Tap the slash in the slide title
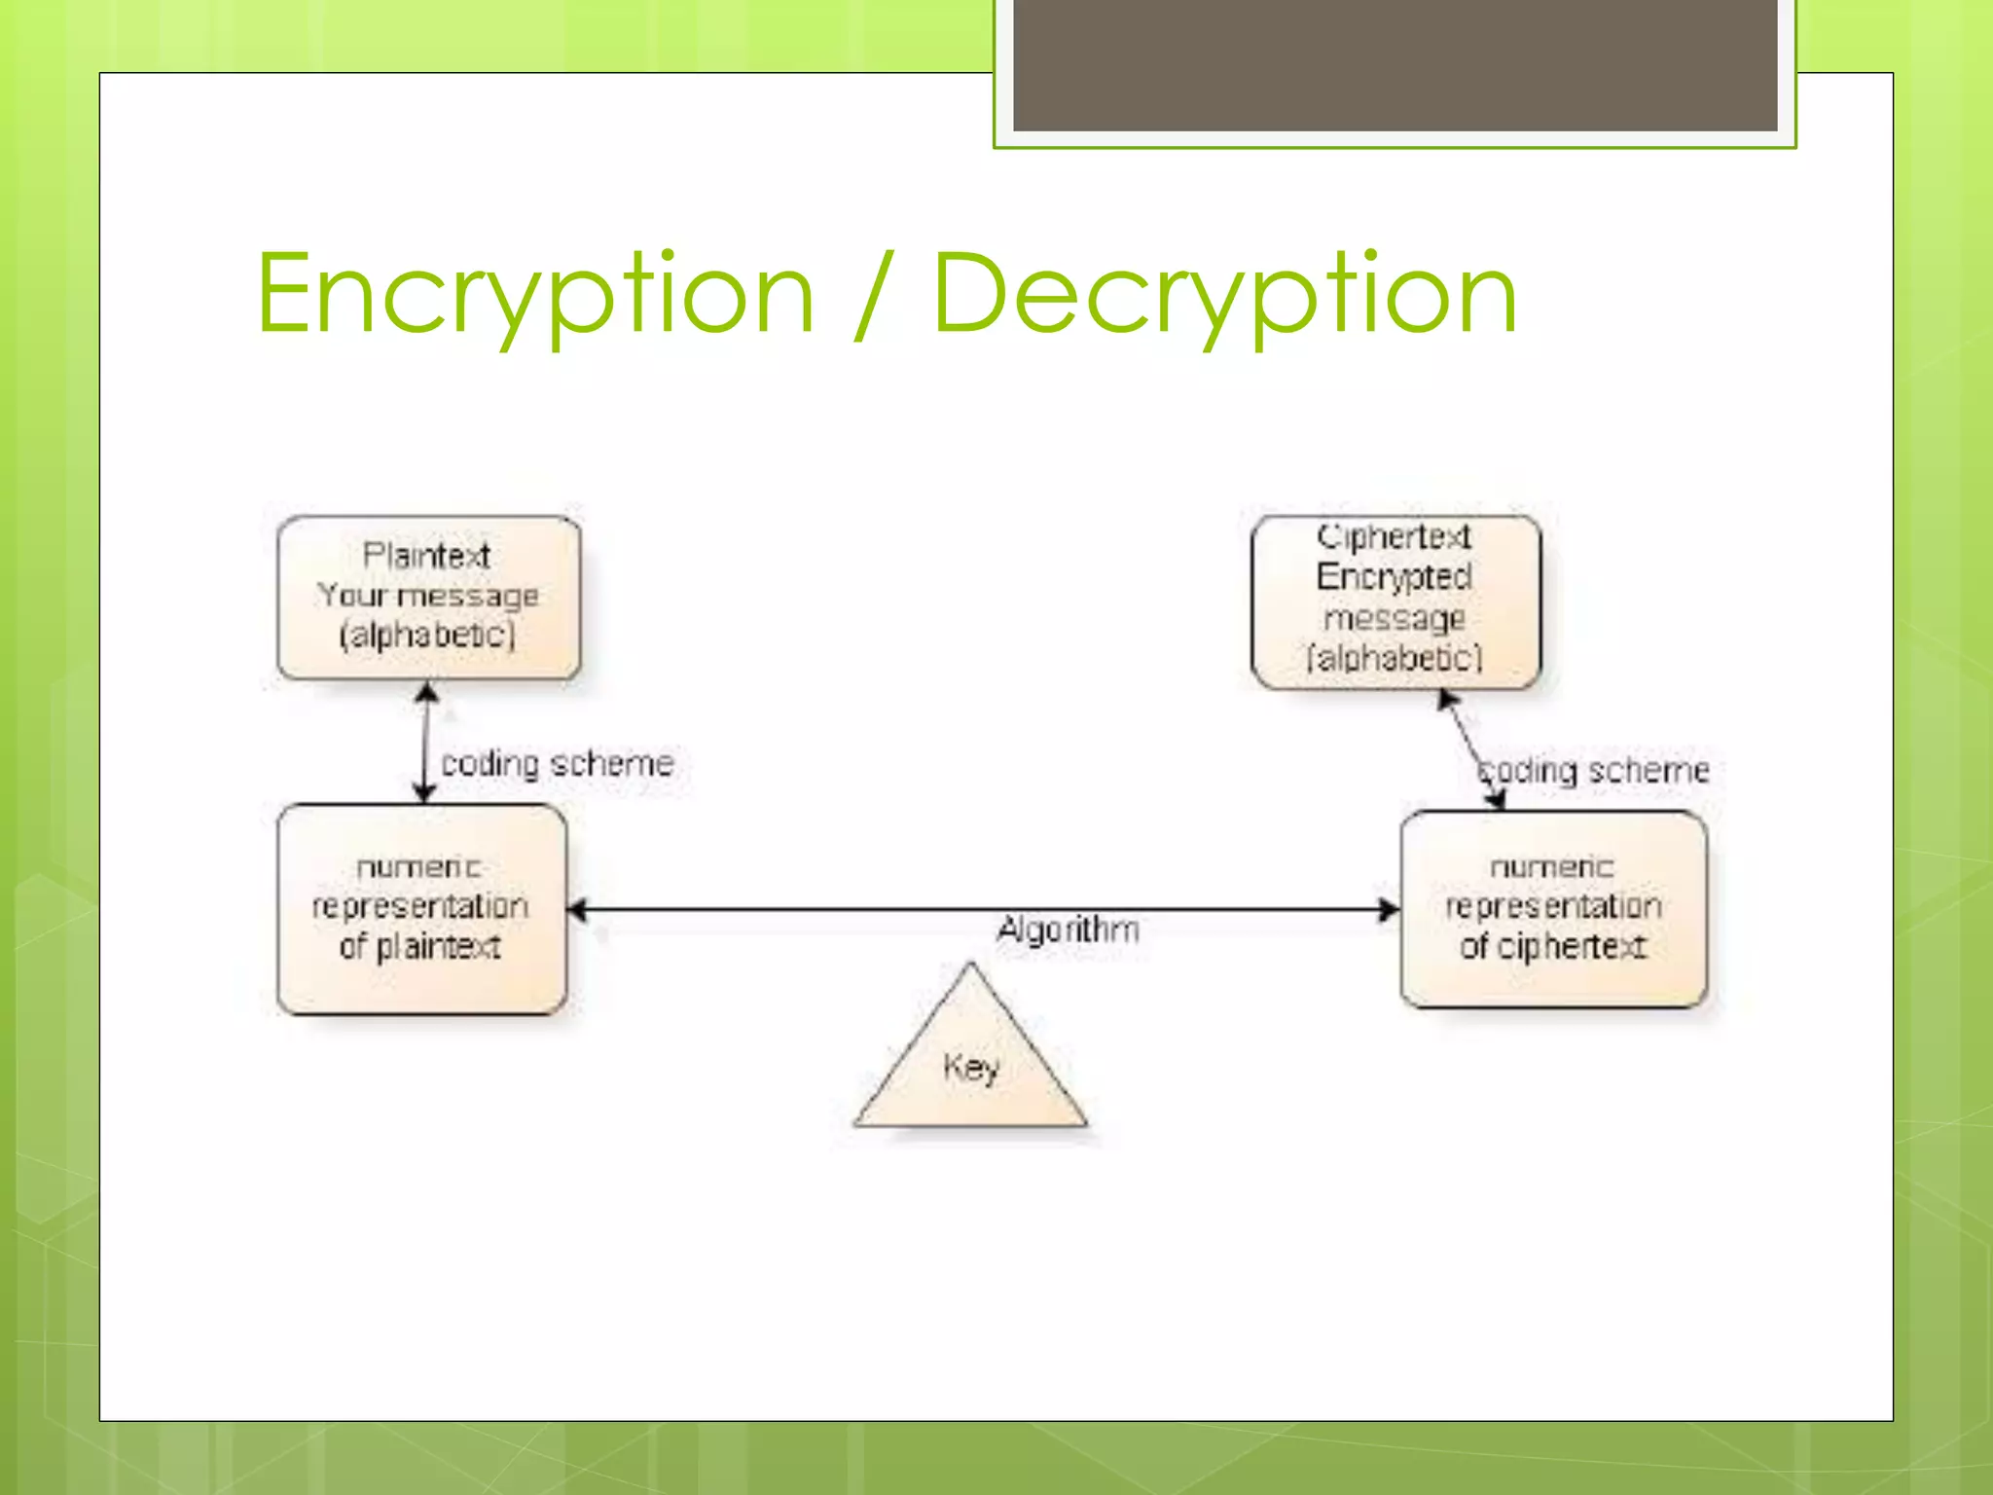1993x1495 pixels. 873,295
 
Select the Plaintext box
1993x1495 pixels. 428,597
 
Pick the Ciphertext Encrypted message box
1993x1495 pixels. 1395,602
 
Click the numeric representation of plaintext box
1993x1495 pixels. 421,908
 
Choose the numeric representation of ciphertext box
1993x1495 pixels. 1553,908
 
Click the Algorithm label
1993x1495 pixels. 1068,930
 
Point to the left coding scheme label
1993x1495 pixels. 557,763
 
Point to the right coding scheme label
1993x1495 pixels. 1594,770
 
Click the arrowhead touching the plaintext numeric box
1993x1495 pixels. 577,910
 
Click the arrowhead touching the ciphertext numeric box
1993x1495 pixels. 1389,910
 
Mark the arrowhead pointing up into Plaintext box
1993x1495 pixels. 426,692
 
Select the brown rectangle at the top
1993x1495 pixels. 1395,65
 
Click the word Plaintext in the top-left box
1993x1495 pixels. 426,556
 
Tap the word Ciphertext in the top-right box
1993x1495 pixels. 1394,536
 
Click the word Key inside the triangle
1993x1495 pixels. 970,1068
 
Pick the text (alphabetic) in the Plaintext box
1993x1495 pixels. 427,636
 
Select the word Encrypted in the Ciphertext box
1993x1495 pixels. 1394,577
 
